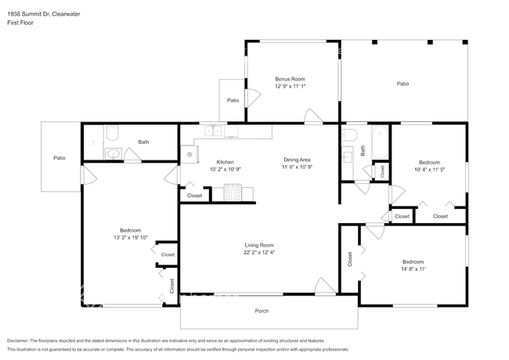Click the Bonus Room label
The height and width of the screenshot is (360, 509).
[x=290, y=79]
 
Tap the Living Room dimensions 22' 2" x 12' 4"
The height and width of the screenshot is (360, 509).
[x=259, y=252]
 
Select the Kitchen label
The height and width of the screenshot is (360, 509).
[x=225, y=162]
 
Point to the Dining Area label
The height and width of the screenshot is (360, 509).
[x=297, y=160]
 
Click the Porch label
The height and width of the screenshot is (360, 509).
[x=262, y=311]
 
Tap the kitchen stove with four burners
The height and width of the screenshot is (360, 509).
[x=233, y=193]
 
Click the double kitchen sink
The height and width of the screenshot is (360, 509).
[x=213, y=131]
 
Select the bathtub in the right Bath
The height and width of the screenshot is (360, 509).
[x=380, y=142]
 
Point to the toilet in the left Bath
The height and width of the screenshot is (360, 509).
[x=112, y=133]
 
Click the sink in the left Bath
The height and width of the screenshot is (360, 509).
[x=113, y=153]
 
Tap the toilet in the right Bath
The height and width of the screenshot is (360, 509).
[x=349, y=135]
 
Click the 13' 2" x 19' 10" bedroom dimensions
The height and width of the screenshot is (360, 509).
[x=131, y=237]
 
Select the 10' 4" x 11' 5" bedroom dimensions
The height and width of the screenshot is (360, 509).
[x=429, y=169]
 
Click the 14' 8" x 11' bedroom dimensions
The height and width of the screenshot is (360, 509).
[x=413, y=269]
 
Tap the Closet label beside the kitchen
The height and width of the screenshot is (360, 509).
[x=194, y=196]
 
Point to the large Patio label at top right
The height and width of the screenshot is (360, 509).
[x=403, y=84]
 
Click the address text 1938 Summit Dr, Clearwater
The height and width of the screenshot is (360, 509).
[x=44, y=14]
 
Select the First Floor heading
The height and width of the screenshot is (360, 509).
[x=20, y=23]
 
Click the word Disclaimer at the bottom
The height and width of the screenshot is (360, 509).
[x=17, y=341]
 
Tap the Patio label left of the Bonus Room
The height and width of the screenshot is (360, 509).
[x=233, y=100]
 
